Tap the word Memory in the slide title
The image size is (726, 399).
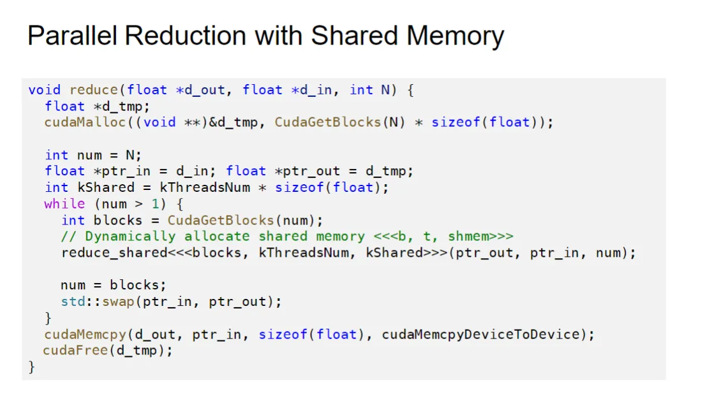pyautogui.click(x=455, y=36)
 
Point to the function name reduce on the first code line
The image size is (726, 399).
pyautogui.click(x=94, y=90)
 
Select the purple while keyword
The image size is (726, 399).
pyautogui.click(x=64, y=204)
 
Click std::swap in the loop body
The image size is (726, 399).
pyautogui.click(x=98, y=301)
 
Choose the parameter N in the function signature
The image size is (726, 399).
pyautogui.click(x=385, y=90)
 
